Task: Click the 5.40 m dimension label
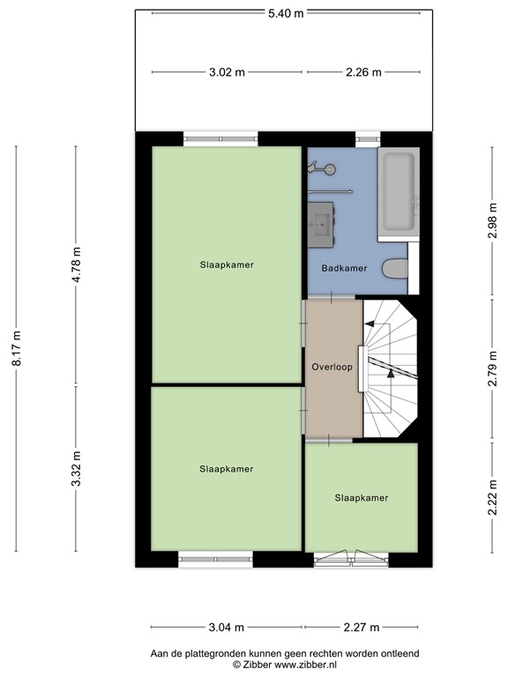pyautogui.click(x=286, y=13)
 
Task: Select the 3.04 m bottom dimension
pyautogui.click(x=226, y=628)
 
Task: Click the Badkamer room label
pyautogui.click(x=344, y=269)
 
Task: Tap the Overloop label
pyautogui.click(x=332, y=366)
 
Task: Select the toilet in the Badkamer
pyautogui.click(x=395, y=269)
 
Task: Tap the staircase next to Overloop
pyautogui.click(x=390, y=370)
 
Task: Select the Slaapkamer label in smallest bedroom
pyautogui.click(x=361, y=498)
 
